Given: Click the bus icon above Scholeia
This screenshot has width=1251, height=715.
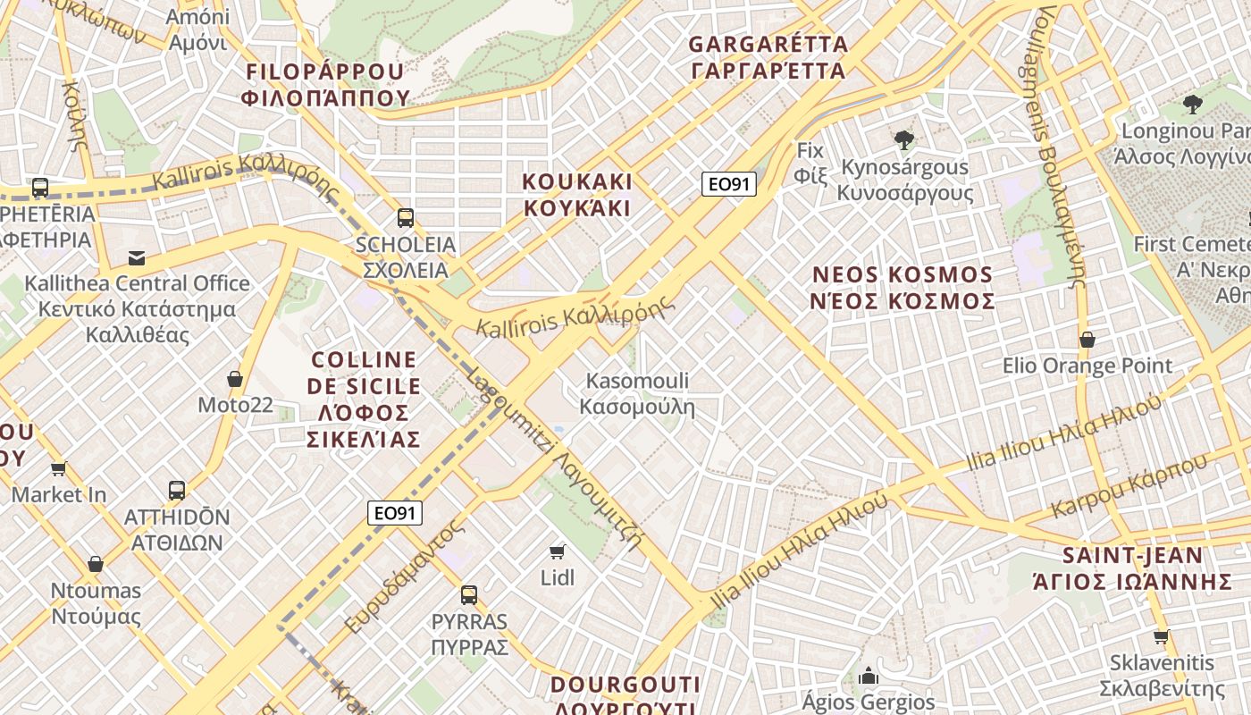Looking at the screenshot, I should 406,217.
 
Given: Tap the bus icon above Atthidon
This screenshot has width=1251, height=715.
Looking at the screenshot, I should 177,490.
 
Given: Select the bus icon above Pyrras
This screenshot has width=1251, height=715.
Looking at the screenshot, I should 469,594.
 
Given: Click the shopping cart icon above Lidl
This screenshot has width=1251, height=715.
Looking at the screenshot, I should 558,551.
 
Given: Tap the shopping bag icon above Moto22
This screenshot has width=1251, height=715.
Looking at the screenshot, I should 235,379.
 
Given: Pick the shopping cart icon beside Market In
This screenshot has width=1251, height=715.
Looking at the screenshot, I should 59,468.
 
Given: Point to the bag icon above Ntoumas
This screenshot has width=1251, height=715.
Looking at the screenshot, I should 96,564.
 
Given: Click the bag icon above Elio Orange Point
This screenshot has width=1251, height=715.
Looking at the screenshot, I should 1087,340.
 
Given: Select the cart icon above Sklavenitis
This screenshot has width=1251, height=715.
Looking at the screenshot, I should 1161,636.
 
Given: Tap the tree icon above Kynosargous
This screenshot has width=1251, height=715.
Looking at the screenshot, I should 904,140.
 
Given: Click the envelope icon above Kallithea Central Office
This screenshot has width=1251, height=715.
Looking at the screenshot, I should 137,257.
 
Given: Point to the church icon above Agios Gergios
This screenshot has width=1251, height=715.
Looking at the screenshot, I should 868,676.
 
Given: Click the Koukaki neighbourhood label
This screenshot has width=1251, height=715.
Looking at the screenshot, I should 576,195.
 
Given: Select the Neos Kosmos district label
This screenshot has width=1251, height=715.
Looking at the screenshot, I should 903,288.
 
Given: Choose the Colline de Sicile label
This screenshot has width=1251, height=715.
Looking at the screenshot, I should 364,399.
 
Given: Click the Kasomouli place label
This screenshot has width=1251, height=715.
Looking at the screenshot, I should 637,394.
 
